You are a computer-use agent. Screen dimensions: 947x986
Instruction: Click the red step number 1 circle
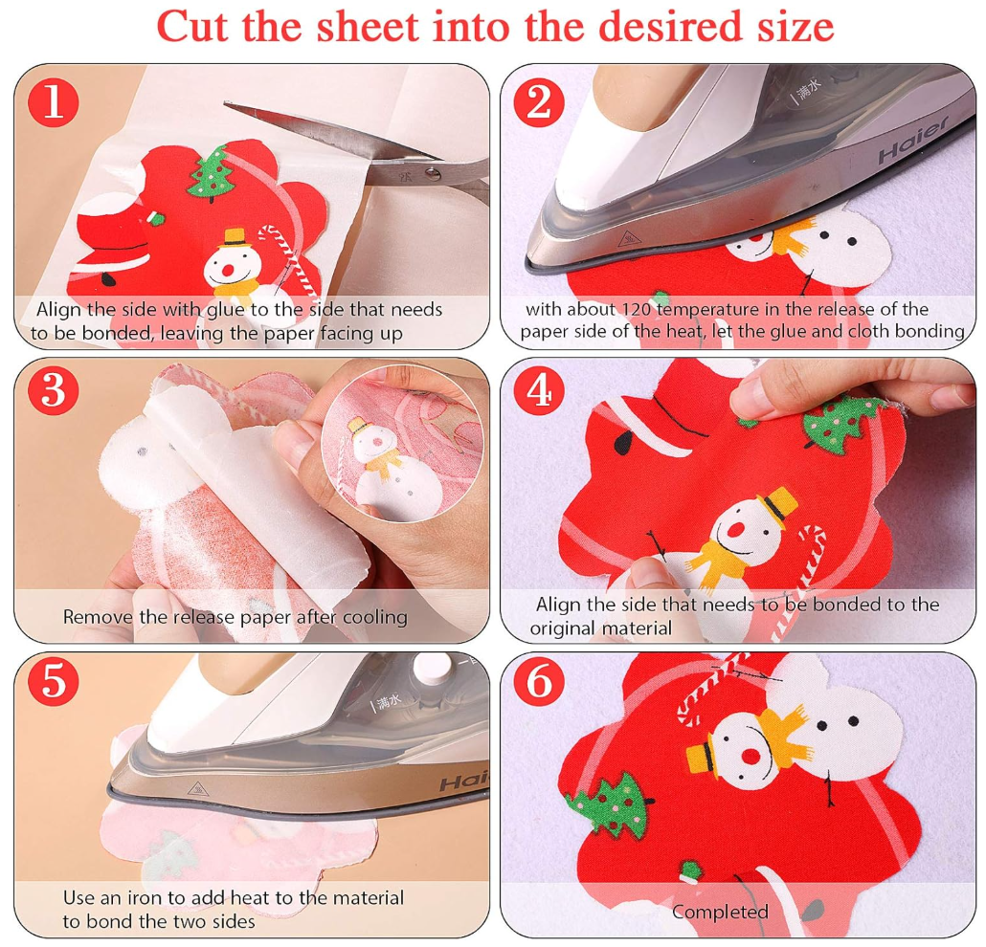(x=54, y=101)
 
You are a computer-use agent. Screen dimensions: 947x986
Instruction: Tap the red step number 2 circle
(x=539, y=101)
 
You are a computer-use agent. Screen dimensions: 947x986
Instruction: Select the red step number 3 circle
(x=54, y=391)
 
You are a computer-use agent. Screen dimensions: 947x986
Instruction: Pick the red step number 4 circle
(x=539, y=391)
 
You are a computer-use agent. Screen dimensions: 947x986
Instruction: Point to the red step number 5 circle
(x=54, y=683)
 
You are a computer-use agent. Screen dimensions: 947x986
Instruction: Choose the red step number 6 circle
(x=539, y=683)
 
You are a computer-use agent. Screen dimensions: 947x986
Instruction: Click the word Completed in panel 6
(x=719, y=912)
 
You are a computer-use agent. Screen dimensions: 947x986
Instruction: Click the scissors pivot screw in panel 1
(x=434, y=173)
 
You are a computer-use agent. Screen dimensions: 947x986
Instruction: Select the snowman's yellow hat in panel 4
(x=777, y=505)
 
